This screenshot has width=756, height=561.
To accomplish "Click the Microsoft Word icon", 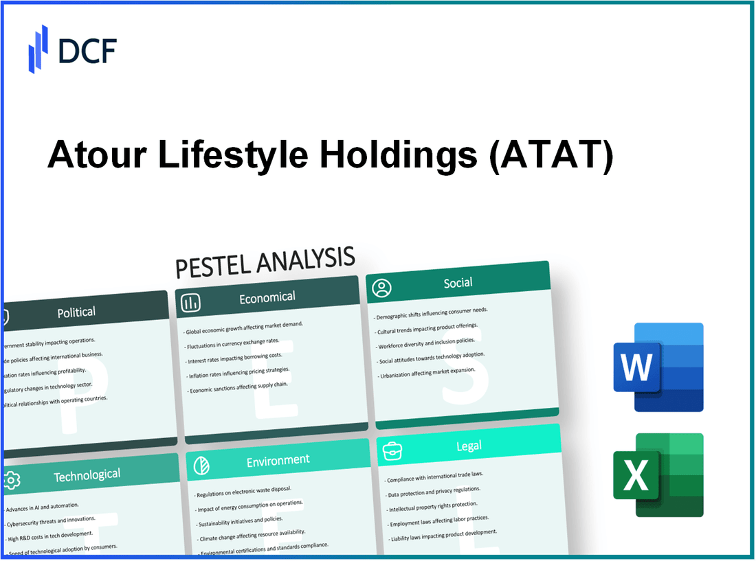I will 658,367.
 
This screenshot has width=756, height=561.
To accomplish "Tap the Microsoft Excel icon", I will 658,475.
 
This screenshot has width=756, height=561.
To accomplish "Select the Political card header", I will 76,312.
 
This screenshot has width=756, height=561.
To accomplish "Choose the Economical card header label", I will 267,297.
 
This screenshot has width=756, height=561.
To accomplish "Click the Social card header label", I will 458,282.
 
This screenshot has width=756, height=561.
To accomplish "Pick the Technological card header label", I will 87,474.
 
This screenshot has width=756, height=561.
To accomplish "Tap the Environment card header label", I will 278,459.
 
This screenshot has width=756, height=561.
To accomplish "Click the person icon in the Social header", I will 381,288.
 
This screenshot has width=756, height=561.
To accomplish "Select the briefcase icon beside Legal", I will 392,450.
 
